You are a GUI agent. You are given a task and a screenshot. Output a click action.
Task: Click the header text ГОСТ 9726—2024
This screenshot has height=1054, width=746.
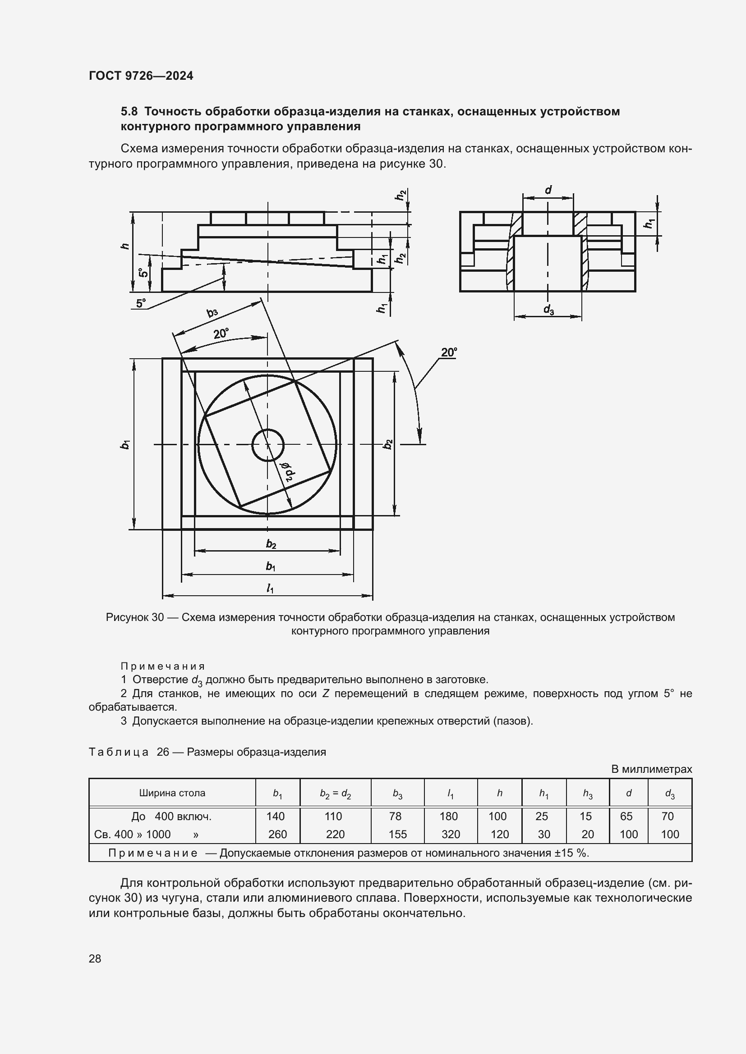click(x=141, y=76)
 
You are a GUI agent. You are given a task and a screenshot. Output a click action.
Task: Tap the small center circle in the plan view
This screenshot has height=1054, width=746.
click(x=268, y=445)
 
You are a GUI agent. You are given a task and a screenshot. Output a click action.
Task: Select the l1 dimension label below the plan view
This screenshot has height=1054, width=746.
click(x=270, y=589)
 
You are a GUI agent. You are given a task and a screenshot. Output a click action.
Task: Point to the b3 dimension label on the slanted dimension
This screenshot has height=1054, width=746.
click(x=212, y=313)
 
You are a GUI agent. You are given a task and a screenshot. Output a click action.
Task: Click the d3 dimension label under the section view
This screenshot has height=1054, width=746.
click(x=548, y=310)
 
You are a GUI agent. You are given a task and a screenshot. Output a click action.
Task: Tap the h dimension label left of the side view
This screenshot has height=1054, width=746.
click(x=124, y=246)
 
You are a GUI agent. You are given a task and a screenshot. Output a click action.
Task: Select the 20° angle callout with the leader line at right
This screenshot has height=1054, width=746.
click(x=448, y=352)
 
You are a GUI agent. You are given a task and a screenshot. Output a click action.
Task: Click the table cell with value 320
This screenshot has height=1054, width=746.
click(x=450, y=834)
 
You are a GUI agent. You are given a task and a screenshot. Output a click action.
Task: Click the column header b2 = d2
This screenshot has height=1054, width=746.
click(x=335, y=793)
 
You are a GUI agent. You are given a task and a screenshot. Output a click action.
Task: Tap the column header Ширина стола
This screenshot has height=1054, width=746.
click(x=172, y=793)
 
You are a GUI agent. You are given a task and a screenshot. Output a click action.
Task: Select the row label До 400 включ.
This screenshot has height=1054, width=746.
click(x=171, y=816)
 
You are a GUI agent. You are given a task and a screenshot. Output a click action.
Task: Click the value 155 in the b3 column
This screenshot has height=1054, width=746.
click(x=397, y=834)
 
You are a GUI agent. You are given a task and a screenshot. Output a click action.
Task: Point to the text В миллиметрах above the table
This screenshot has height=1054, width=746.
click(x=651, y=769)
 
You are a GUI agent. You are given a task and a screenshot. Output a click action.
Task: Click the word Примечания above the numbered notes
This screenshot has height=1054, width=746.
click(x=163, y=666)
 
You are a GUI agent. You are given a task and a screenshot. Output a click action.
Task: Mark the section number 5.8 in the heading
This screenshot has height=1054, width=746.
click(x=129, y=112)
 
